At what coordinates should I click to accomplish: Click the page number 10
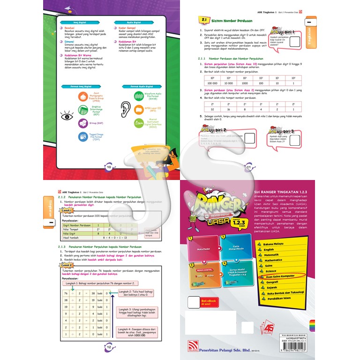click(109, 167)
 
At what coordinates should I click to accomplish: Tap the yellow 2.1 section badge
click(203, 21)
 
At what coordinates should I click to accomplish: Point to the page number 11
click(249, 167)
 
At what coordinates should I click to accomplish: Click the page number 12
click(108, 347)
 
